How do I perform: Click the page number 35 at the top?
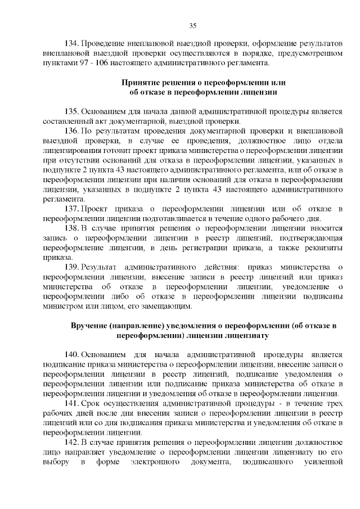[193, 26]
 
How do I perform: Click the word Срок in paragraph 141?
[92, 404]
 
